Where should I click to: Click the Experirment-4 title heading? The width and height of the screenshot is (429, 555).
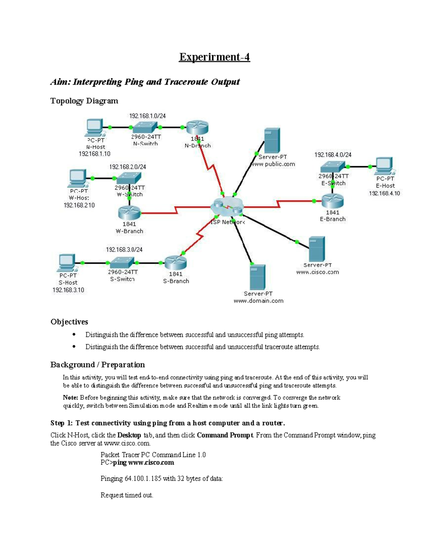214,57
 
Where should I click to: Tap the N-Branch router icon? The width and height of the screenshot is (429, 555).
197,128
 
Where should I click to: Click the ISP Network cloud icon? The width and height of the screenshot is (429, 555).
227,207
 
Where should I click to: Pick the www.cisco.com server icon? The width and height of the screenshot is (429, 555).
316,249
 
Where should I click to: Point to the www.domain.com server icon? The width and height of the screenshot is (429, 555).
257,277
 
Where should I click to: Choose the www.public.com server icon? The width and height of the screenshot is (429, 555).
272,140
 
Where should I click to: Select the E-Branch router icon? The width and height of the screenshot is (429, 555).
332,201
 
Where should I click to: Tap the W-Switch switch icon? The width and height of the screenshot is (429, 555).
129,178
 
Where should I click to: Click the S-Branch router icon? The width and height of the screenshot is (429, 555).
176,263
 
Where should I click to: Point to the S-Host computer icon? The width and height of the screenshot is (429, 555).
67,263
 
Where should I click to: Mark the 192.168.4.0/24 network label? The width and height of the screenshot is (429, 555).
332,155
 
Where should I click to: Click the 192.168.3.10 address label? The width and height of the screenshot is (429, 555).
68,290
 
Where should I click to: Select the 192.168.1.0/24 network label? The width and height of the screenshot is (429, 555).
147,116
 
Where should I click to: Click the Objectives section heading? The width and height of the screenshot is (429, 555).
69,322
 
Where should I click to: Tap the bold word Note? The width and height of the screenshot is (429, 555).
70,397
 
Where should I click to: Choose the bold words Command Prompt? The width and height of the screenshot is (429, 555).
225,435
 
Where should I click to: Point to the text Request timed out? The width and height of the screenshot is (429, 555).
127,495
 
